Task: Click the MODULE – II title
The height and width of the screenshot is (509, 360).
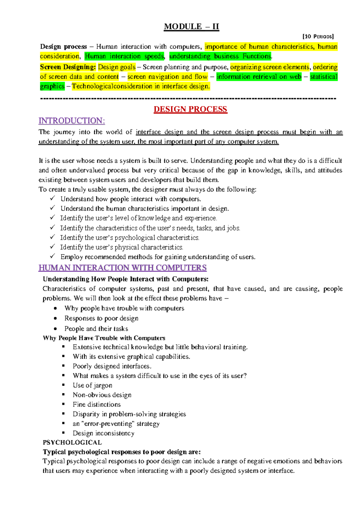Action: coord(191,27)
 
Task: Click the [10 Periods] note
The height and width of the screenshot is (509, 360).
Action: coord(318,37)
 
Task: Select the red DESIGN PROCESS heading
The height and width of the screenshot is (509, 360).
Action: coord(190,109)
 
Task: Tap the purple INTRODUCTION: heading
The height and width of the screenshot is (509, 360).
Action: coord(72,121)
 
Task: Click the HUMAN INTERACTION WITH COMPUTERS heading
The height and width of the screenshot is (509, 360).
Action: coord(122,268)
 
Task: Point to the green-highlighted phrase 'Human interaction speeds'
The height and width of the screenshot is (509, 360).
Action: coord(124,56)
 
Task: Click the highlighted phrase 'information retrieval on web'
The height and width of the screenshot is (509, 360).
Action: coord(259,77)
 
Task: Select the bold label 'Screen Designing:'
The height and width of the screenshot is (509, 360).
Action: coord(68,67)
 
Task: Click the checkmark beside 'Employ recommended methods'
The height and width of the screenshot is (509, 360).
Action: coord(52,256)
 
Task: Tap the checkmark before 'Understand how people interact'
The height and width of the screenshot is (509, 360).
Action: coord(52,198)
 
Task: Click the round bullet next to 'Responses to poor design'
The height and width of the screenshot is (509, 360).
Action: coord(55,318)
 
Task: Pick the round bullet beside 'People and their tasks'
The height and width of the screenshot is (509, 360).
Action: coord(55,329)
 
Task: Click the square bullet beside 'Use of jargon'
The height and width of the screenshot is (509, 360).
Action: coord(64,385)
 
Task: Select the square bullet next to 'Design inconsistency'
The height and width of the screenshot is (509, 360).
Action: coord(64,433)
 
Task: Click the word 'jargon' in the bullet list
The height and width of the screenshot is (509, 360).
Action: coord(103,386)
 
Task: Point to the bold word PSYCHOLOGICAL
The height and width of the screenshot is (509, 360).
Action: coord(72,443)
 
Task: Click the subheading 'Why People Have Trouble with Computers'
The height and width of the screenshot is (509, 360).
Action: coord(104,338)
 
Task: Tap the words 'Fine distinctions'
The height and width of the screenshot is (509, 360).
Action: coord(97,405)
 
